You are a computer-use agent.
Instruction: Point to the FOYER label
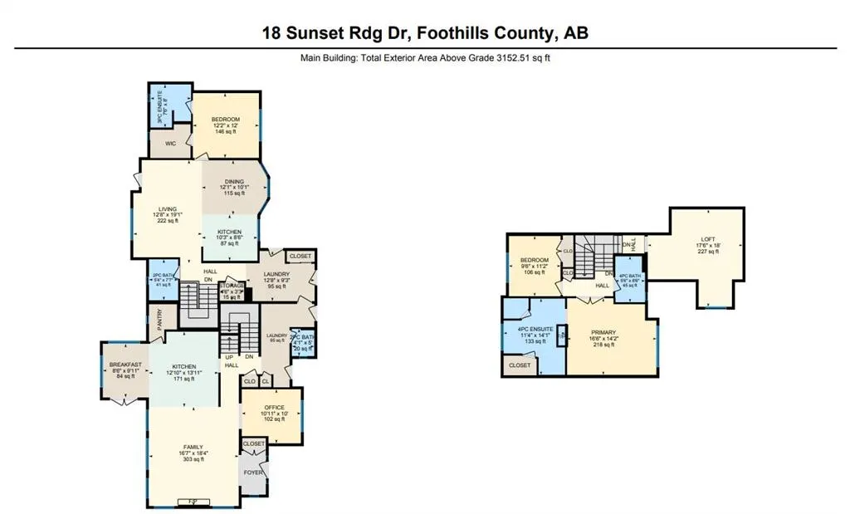click(253, 472)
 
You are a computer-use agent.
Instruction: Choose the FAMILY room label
click(193, 447)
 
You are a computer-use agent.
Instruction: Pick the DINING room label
click(234, 181)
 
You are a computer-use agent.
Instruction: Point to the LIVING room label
click(169, 209)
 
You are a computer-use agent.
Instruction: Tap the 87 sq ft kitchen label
click(229, 243)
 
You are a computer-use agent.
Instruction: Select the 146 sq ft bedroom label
click(227, 131)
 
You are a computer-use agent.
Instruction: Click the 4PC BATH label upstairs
click(631, 275)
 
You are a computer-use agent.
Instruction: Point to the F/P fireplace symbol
click(193, 501)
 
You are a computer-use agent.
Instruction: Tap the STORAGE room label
click(233, 286)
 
